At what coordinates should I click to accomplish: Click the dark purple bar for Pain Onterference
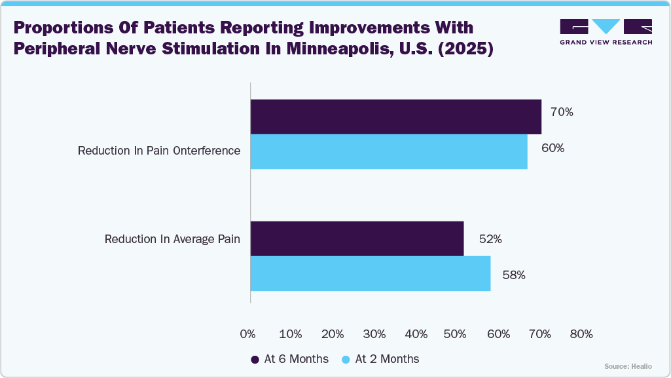[395, 117]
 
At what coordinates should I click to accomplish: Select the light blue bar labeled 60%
[389, 152]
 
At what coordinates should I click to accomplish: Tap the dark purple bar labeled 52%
[357, 238]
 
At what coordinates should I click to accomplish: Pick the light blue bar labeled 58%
[371, 273]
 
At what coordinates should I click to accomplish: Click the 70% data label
[562, 112]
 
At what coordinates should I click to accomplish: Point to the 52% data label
[490, 239]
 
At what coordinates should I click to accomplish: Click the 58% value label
[514, 275]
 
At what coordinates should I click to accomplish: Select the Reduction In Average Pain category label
[172, 239]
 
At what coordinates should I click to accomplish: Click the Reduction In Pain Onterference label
[159, 151]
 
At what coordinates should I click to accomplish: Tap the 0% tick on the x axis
[248, 334]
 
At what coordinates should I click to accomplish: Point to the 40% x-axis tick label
[416, 334]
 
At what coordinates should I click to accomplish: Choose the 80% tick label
[581, 334]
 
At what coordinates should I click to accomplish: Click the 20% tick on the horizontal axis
[333, 334]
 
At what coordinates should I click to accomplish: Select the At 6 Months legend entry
[291, 359]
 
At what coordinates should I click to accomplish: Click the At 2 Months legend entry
[381, 359]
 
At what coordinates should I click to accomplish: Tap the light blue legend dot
[346, 359]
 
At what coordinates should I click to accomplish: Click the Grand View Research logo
[606, 31]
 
